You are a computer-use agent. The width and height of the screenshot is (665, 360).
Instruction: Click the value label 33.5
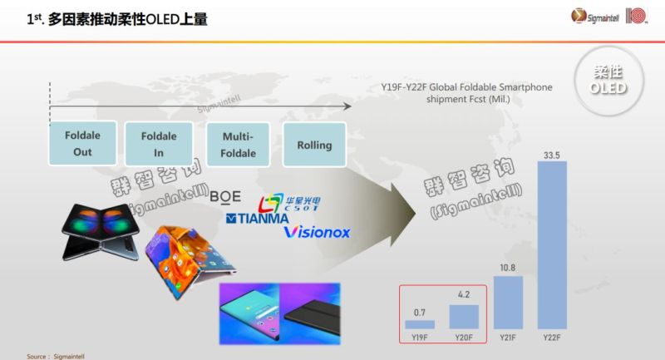tap(551, 153)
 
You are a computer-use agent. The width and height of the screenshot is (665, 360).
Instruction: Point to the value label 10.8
tap(508, 269)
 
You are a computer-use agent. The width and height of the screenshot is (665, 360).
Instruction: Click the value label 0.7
tap(419, 313)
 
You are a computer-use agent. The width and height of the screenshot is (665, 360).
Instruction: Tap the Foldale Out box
tap(82, 143)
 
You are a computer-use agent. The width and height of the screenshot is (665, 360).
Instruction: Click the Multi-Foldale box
tap(239, 144)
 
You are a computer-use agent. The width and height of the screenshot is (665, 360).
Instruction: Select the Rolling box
tap(314, 145)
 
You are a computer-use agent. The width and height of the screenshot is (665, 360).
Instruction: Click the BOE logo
tap(226, 196)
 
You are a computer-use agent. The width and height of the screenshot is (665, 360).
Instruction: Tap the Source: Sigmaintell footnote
tap(56, 355)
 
